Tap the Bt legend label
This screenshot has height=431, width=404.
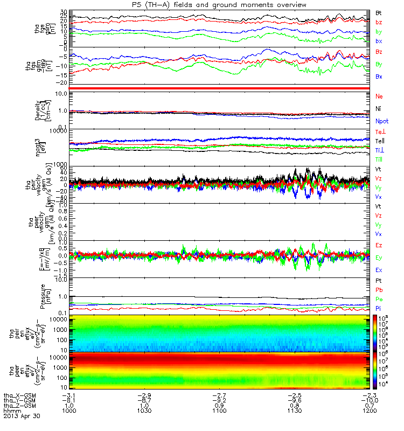pos(379,12)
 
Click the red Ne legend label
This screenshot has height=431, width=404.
pos(379,96)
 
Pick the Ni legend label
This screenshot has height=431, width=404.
pos(379,109)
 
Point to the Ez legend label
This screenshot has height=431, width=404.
pos(379,245)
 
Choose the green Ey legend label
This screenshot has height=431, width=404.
pos(379,258)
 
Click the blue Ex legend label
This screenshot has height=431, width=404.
pos(379,270)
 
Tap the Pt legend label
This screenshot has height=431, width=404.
pos(379,281)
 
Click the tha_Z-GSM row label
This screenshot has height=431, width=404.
pos(19,406)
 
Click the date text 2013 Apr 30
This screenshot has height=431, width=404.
pos(22,416)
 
